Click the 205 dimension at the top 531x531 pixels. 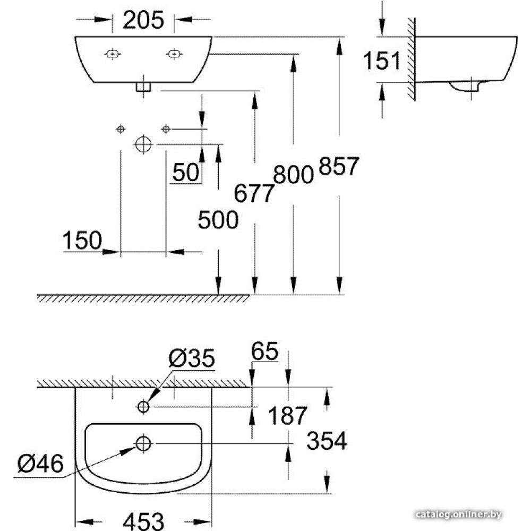pos(143,20)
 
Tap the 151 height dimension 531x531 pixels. pos(381,61)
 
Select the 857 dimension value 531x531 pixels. pos(339,166)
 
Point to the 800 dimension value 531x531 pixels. pos(293,174)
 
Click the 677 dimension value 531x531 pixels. pos(254,193)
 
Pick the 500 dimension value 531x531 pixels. pos(218,220)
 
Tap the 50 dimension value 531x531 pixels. pos(185,172)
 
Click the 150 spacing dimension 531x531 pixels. pos(82,240)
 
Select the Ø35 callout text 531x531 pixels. pos(192,358)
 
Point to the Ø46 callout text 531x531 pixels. pos(40,464)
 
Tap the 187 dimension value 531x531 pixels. pos(287,415)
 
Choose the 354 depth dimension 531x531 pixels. pos(327,441)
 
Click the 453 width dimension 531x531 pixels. pos(143,520)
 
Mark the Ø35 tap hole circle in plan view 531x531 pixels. pos(143,406)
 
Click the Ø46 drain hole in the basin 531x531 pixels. pos(143,443)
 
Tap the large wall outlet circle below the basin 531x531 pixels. pos(143,144)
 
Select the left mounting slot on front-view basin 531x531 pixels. pos(113,54)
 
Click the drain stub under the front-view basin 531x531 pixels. pos(143,87)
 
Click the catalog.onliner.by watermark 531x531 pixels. pos(458,515)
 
